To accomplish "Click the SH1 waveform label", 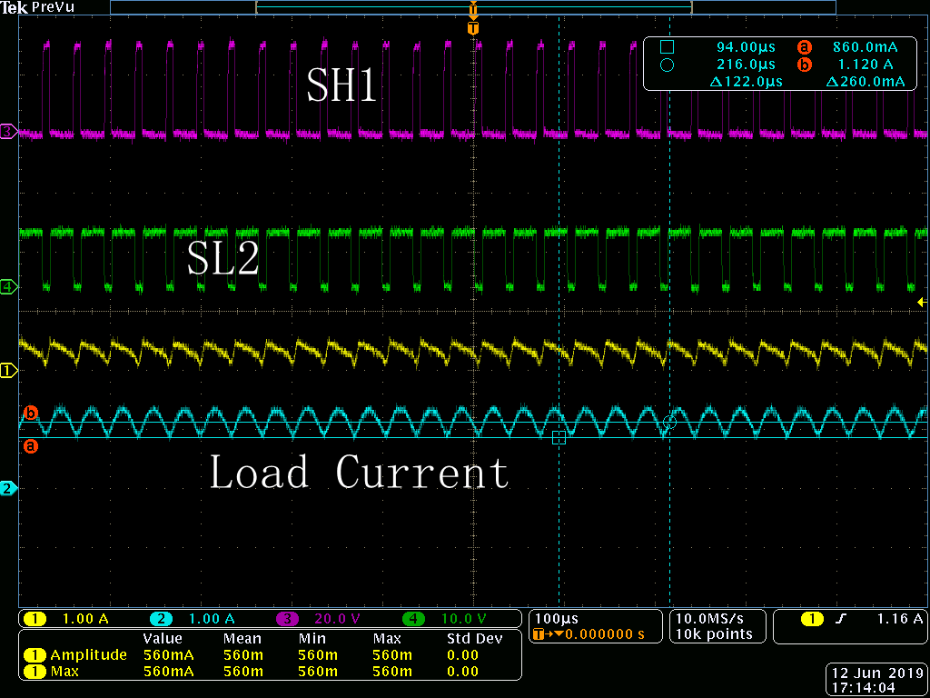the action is (341, 85).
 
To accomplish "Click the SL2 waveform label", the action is (223, 259).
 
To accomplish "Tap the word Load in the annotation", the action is (260, 472).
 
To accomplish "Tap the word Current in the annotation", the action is (422, 472).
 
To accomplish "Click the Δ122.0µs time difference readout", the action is (747, 81).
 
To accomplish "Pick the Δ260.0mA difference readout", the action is (866, 81).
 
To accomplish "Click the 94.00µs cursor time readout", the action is (746, 47).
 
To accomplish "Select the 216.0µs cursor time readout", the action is (746, 65).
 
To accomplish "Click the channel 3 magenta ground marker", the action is (8, 132).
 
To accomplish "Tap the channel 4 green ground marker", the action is (8, 287).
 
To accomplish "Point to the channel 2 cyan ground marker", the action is (8, 489).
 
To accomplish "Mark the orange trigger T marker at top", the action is (472, 28).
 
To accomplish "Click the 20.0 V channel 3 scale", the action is (337, 619).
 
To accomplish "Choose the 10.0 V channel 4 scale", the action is (464, 619).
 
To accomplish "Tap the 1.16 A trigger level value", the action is (900, 618).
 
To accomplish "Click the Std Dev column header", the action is (474, 639).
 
